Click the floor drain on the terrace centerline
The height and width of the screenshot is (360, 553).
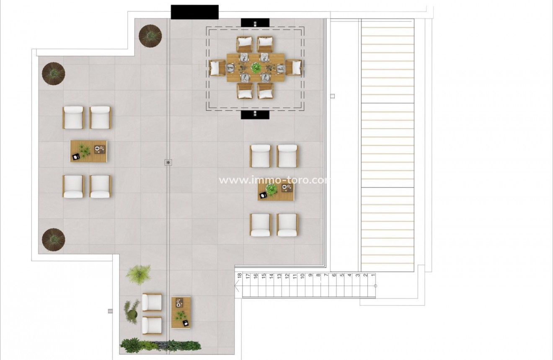pos(168,162)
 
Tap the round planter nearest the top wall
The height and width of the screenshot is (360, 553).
pos(150,36)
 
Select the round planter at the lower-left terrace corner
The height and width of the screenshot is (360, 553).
pos(53,240)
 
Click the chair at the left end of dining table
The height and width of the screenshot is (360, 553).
pos(217,68)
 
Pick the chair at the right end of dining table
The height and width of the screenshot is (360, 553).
pos(294,67)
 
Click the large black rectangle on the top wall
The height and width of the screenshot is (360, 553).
pos(195,12)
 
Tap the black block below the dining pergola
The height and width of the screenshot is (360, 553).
pos(255,114)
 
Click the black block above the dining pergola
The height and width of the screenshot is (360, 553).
pos(255,23)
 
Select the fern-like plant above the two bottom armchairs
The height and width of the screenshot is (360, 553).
pos(139,275)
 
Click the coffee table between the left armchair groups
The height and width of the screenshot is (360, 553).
pos(89,151)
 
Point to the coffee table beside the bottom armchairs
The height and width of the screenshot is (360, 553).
pos(181,313)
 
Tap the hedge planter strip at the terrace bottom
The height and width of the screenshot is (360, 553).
pos(160,345)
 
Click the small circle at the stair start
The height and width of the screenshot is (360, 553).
pos(375,286)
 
